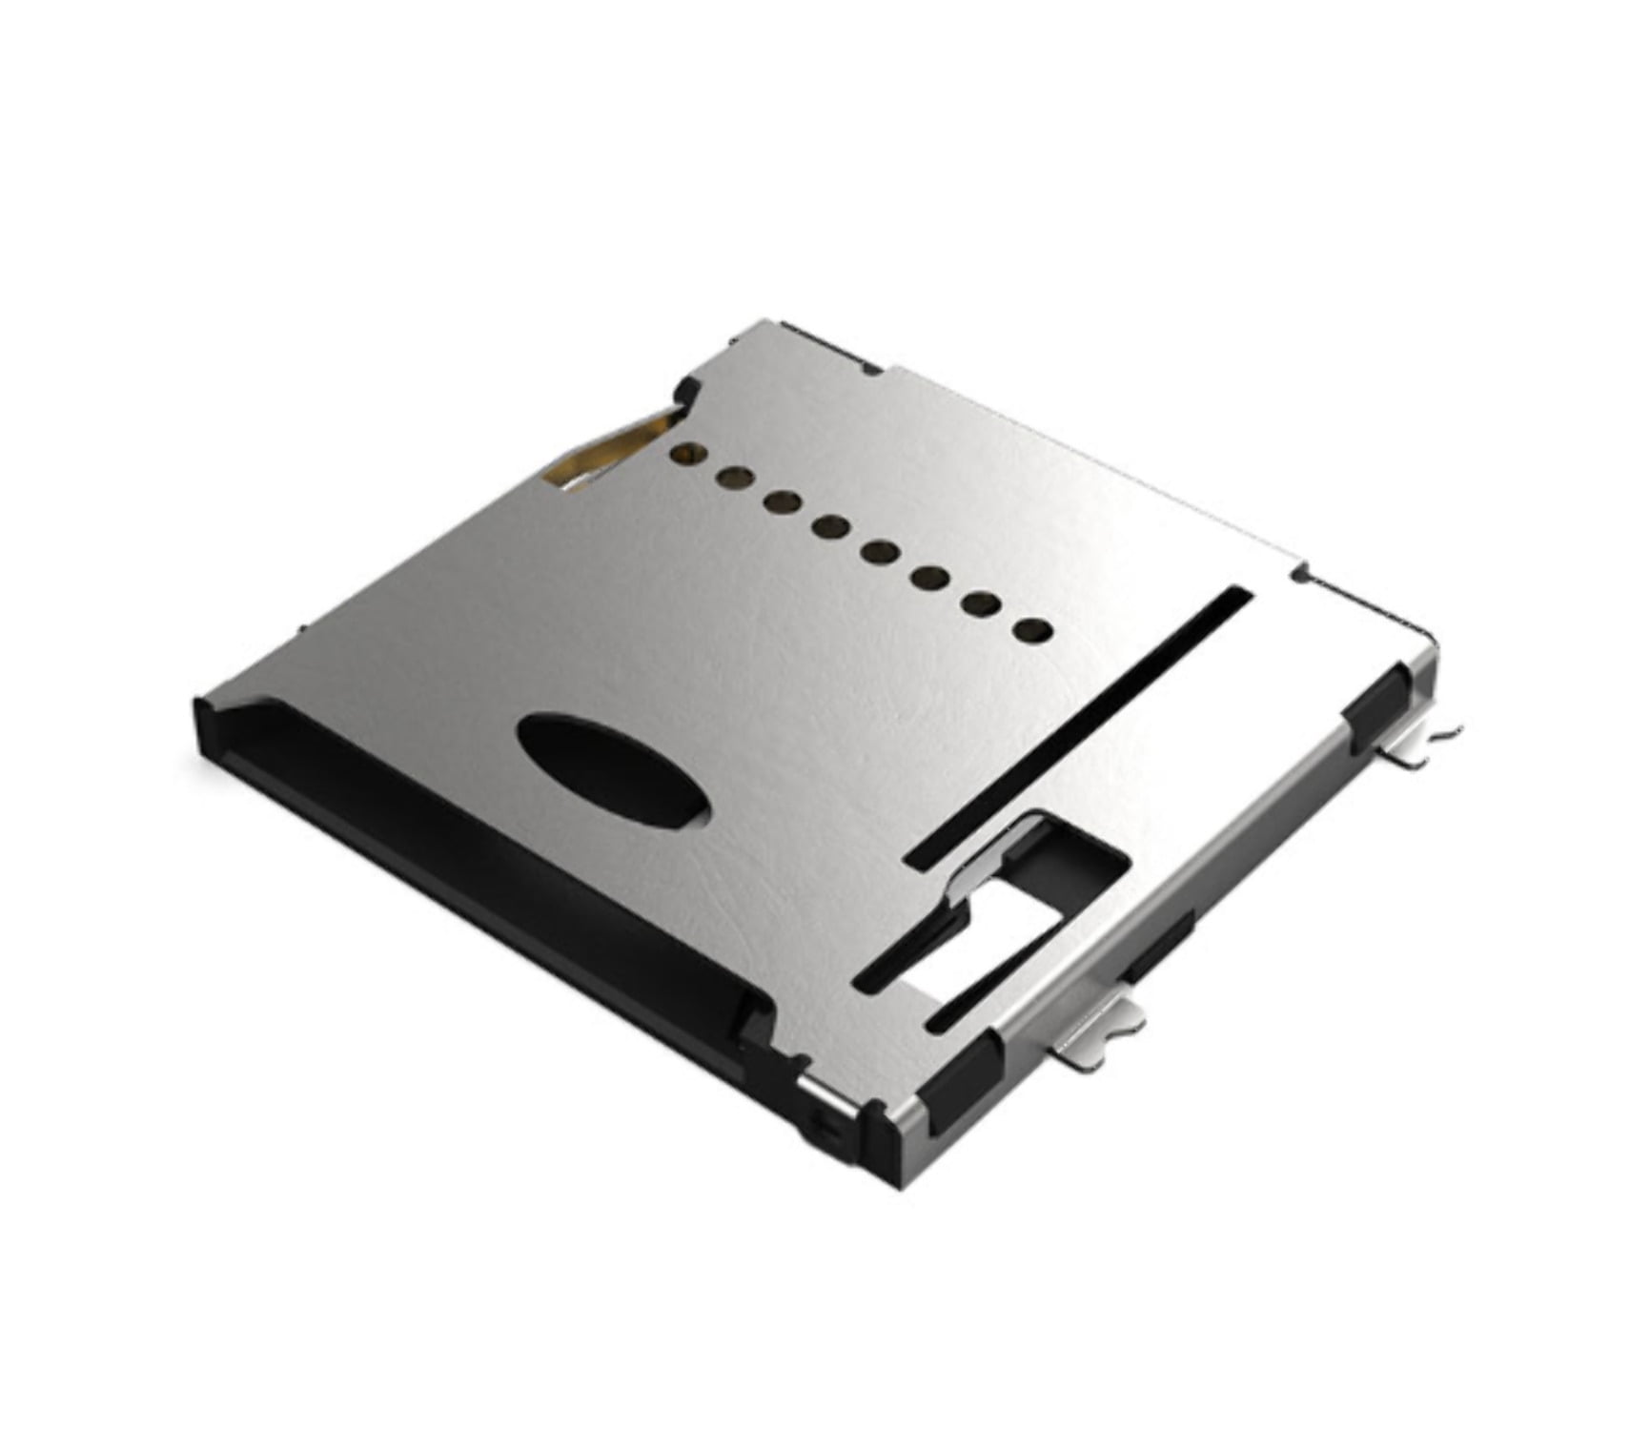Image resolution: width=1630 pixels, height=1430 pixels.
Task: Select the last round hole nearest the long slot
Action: (1032, 629)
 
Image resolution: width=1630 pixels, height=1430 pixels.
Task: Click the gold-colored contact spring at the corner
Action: (610, 448)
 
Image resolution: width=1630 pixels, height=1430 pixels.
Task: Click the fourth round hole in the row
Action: (831, 526)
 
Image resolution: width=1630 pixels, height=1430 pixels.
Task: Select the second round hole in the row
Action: (732, 476)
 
